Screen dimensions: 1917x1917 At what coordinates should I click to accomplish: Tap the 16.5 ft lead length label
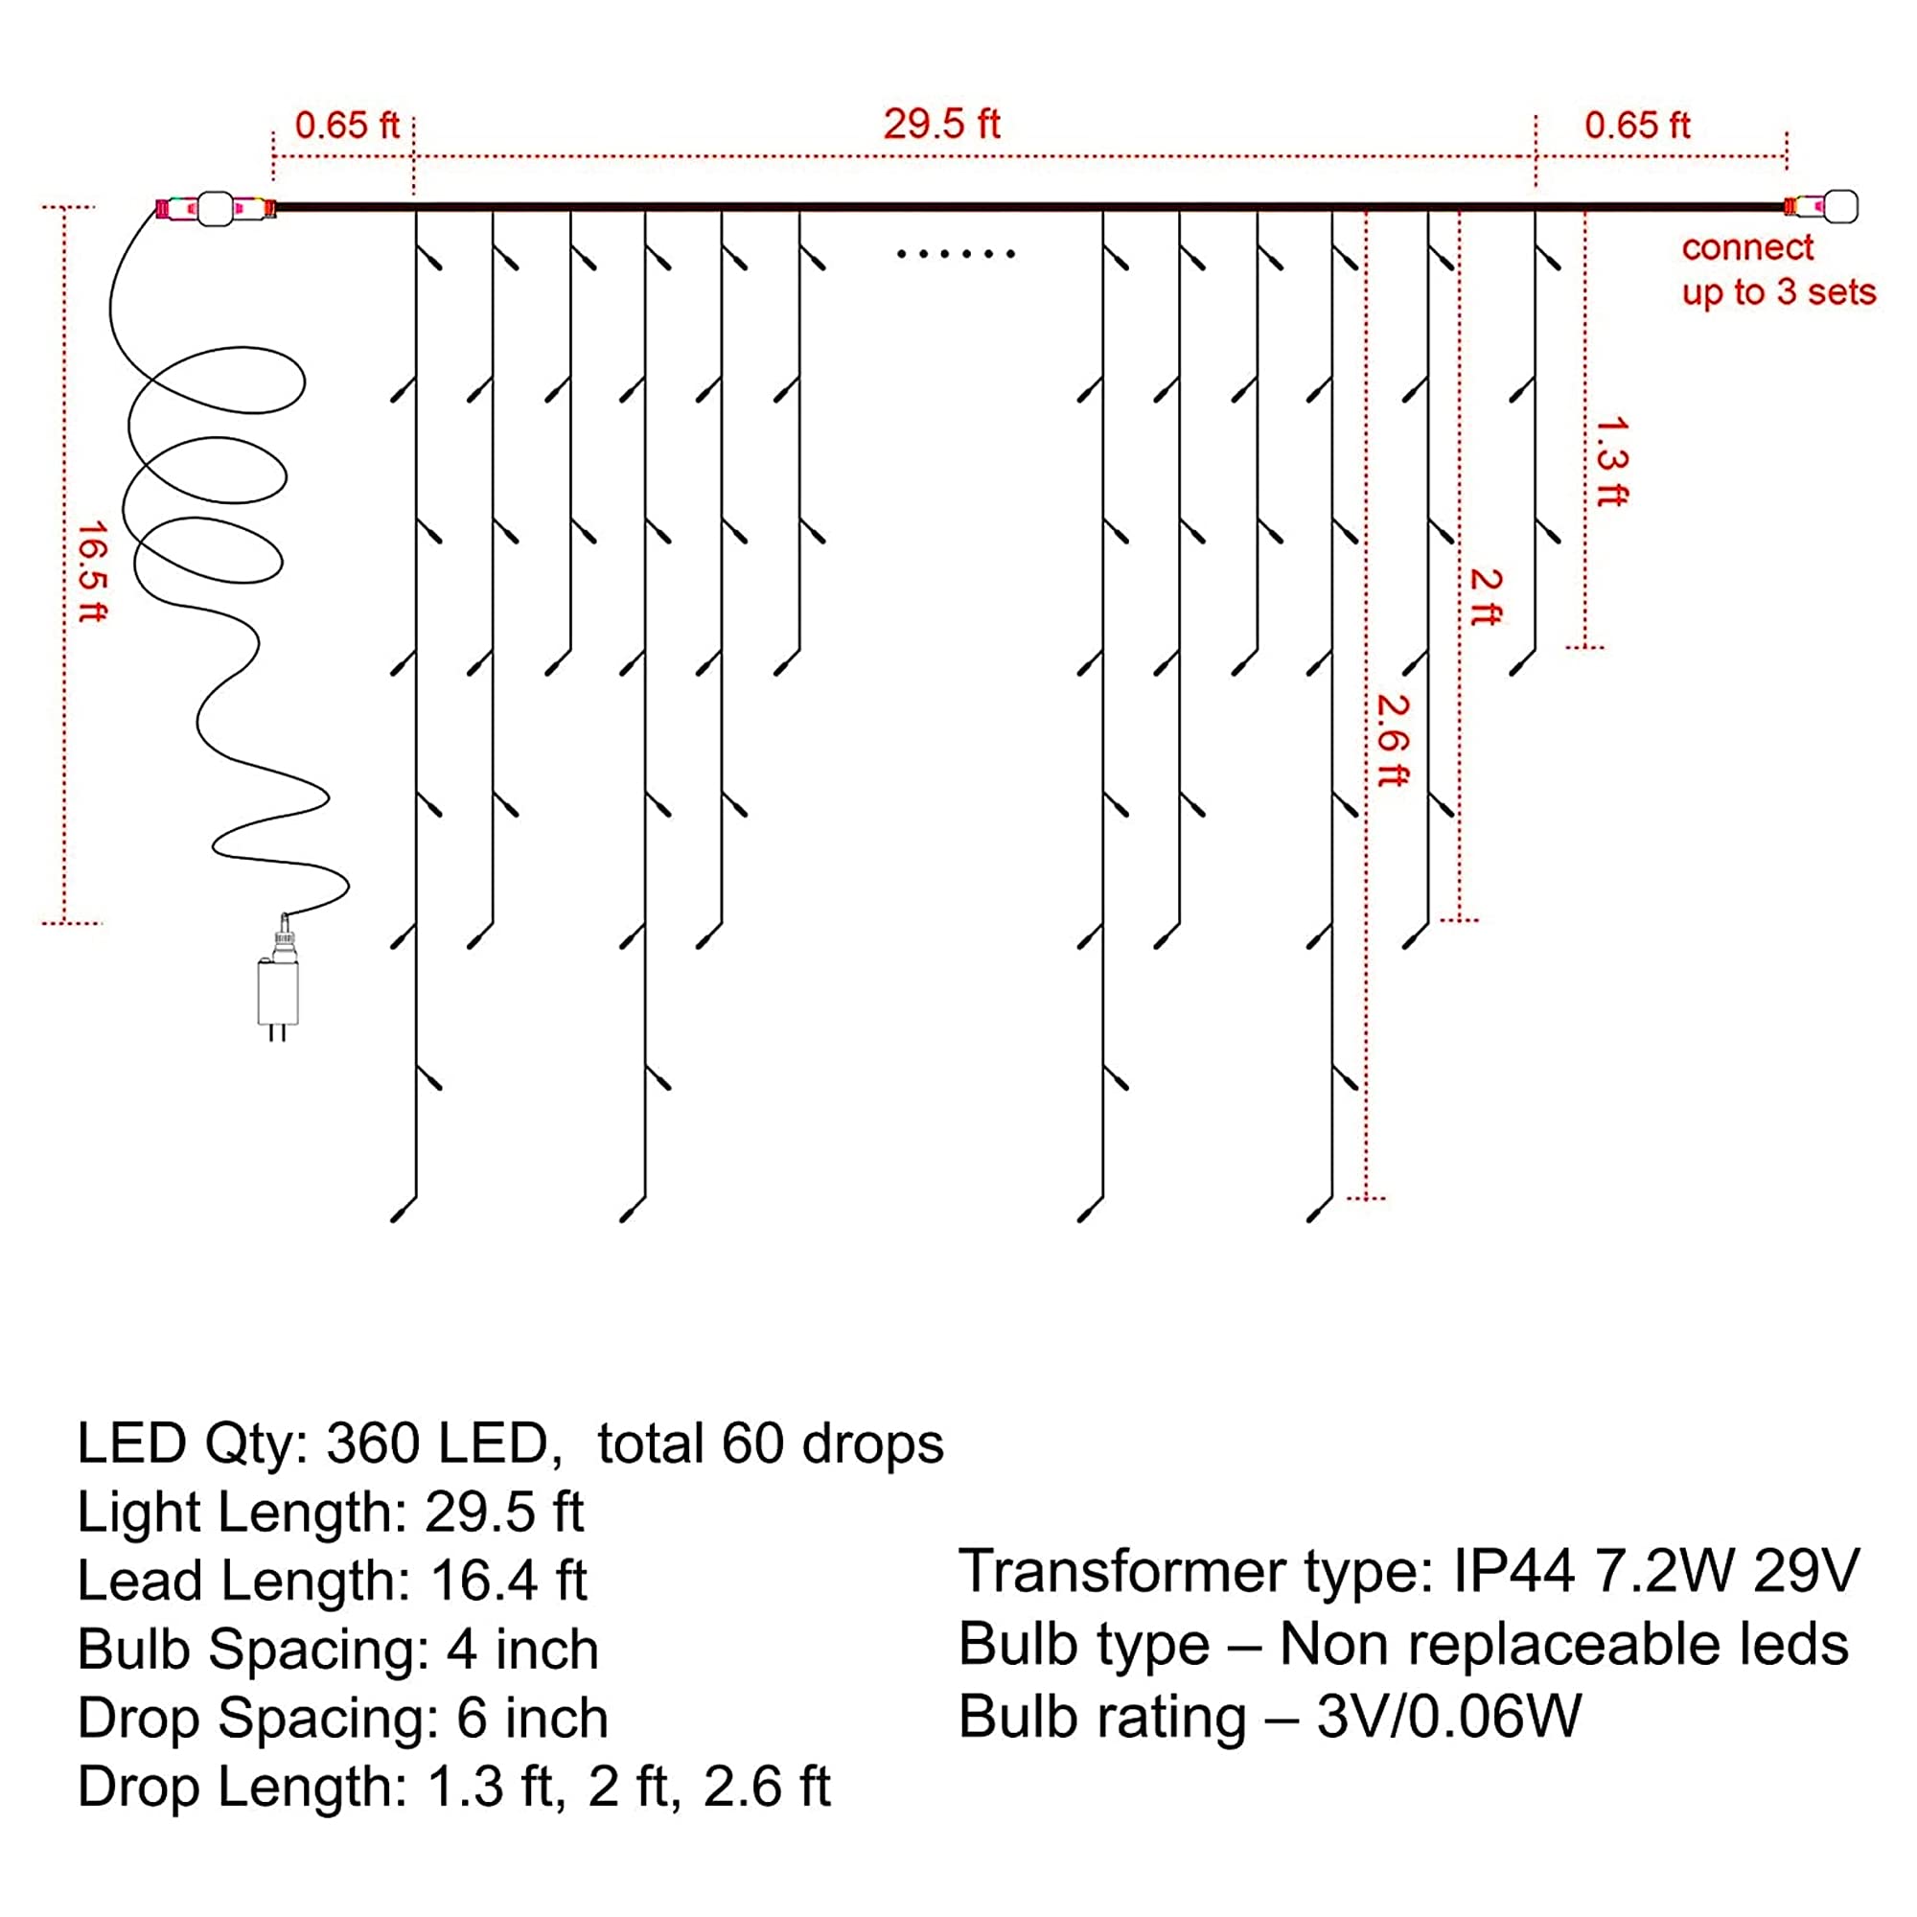pyautogui.click(x=91, y=572)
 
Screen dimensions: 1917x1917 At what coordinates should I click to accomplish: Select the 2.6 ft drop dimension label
pyautogui.click(x=1392, y=740)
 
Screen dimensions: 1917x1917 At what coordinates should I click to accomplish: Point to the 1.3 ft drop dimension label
pyautogui.click(x=1611, y=461)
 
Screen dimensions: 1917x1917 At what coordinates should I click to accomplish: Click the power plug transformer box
pyautogui.click(x=277, y=991)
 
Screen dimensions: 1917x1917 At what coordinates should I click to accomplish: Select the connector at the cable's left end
pyautogui.click(x=215, y=208)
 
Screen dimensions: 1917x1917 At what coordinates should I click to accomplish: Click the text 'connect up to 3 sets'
pyautogui.click(x=1776, y=270)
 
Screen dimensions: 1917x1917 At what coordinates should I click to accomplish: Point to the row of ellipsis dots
pyautogui.click(x=956, y=254)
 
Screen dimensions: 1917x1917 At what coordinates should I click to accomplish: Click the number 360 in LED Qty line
pyautogui.click(x=373, y=1444)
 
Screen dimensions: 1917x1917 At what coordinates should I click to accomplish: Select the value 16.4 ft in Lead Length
pyautogui.click(x=508, y=1581)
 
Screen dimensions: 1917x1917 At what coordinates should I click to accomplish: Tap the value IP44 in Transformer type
pyautogui.click(x=1513, y=1571)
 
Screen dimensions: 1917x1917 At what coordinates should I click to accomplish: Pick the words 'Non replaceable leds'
pyautogui.click(x=1563, y=1644)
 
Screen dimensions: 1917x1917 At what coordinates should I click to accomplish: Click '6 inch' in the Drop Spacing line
pyautogui.click(x=532, y=1719)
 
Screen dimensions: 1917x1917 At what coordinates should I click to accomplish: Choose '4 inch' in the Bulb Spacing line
pyautogui.click(x=522, y=1651)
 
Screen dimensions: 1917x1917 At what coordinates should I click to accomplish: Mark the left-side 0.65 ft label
pyautogui.click(x=346, y=125)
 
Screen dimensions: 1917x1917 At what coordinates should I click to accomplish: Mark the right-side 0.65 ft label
pyautogui.click(x=1636, y=125)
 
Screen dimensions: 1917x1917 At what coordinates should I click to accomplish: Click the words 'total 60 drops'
pyautogui.click(x=770, y=1444)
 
